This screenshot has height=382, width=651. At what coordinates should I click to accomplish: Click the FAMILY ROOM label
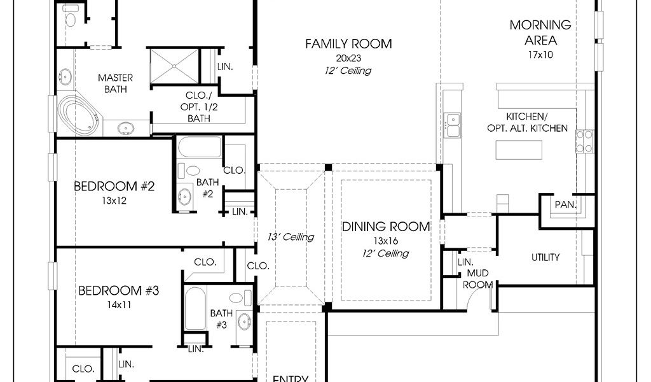click(348, 44)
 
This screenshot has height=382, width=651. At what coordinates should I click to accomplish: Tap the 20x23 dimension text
click(348, 58)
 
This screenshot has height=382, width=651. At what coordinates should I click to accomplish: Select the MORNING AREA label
click(540, 32)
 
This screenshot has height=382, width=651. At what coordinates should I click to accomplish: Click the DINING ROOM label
click(386, 227)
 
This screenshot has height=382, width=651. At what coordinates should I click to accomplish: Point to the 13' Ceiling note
click(290, 237)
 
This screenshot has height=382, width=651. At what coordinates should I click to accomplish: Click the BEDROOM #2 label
click(114, 186)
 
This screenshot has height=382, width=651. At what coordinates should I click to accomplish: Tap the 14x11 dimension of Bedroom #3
click(119, 305)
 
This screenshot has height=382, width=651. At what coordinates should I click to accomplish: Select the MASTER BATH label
click(116, 83)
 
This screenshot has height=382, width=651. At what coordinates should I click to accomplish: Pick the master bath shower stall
click(174, 66)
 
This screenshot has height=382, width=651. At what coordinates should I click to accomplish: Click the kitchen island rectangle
click(519, 150)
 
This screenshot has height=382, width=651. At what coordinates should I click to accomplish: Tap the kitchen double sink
click(452, 125)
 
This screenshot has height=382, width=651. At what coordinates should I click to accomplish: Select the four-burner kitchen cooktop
click(584, 141)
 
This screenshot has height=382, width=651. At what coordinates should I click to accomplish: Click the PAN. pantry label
click(565, 204)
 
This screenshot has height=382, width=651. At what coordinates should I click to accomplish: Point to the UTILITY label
click(545, 257)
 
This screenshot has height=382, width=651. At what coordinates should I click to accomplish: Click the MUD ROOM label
click(478, 279)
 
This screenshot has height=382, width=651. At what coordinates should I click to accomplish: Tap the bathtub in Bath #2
click(200, 148)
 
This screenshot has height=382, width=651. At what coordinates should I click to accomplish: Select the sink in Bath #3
click(245, 322)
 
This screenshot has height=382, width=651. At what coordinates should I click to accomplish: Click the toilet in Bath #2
click(189, 171)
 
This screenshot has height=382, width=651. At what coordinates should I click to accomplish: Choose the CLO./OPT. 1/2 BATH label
click(199, 107)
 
